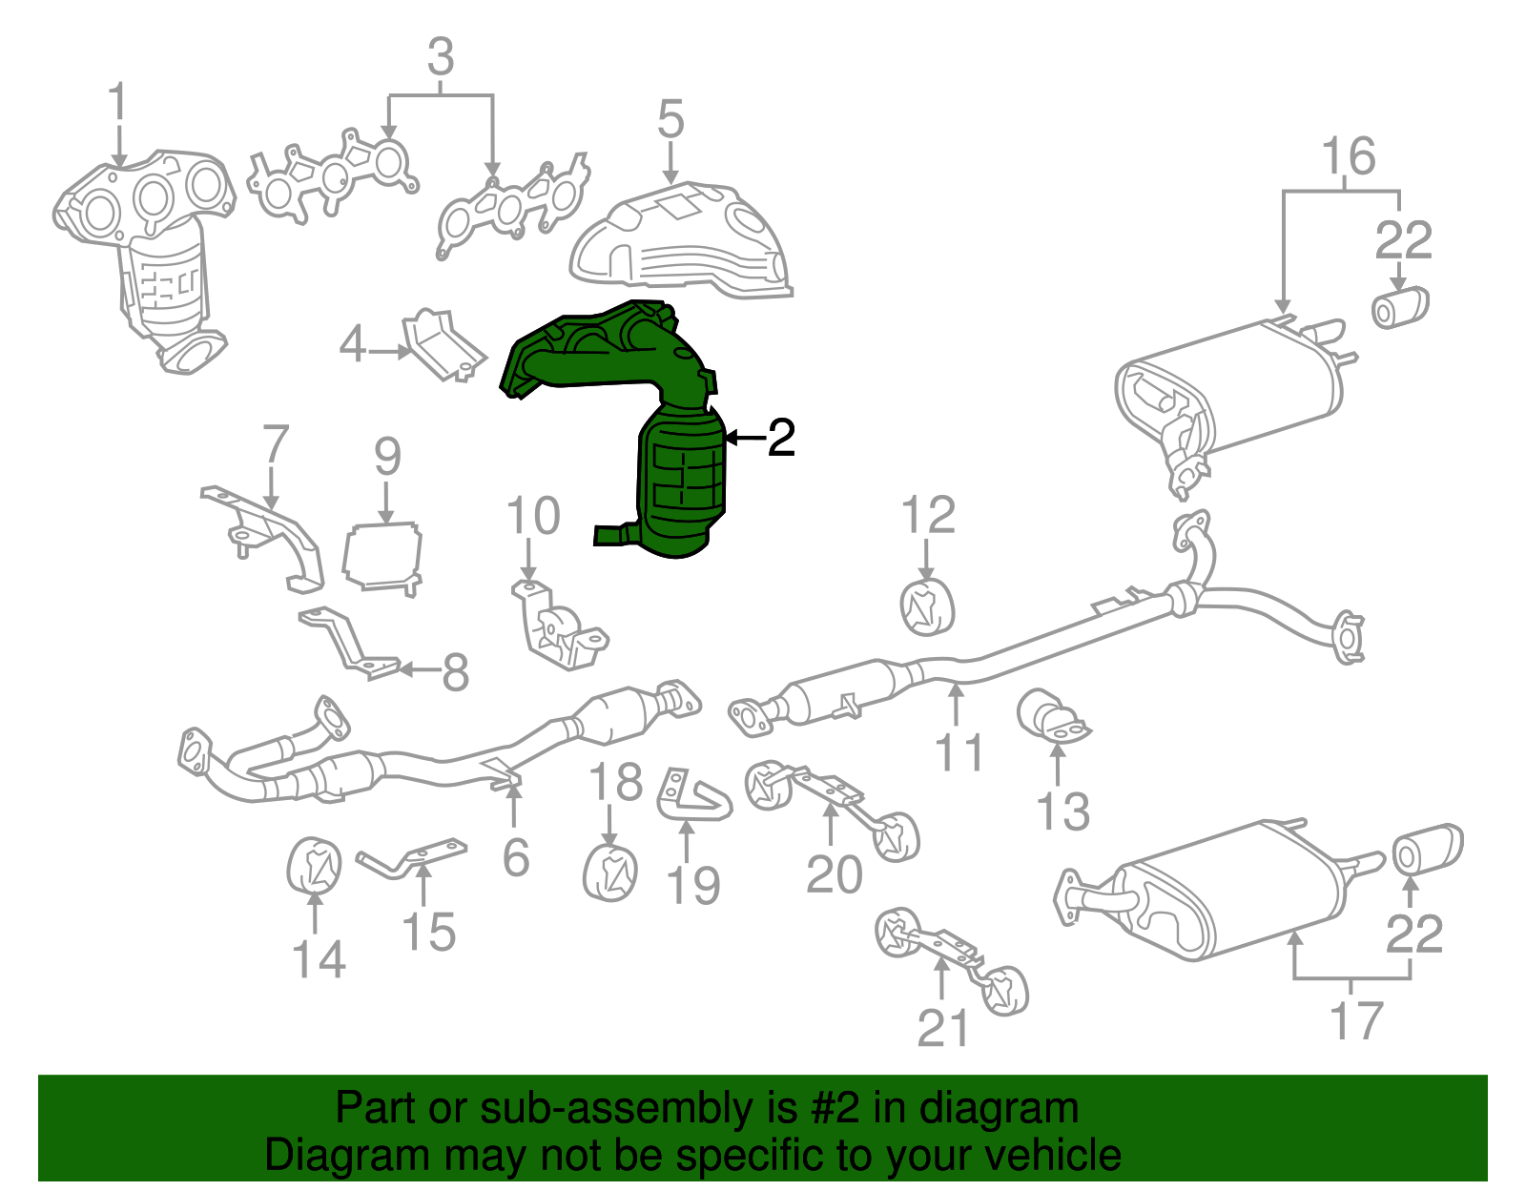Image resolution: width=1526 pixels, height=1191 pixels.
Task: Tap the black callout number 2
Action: (780, 438)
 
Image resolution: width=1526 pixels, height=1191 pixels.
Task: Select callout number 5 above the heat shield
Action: (670, 121)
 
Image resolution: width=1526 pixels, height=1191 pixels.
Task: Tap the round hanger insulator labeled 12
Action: (927, 606)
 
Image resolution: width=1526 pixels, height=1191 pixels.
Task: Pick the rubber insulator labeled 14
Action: (314, 866)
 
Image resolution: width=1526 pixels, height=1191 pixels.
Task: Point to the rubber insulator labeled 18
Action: (610, 871)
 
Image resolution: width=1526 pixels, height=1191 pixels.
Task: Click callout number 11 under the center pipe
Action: (959, 752)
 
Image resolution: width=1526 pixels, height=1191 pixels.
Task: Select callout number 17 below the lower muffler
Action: (1355, 1020)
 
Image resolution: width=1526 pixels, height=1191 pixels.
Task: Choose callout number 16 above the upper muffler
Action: (1349, 156)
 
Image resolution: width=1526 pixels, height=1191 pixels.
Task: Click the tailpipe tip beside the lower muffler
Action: (1428, 850)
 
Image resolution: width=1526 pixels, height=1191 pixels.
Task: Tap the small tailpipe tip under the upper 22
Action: (1399, 305)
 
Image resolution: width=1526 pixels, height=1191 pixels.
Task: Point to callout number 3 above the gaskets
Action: (440, 58)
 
